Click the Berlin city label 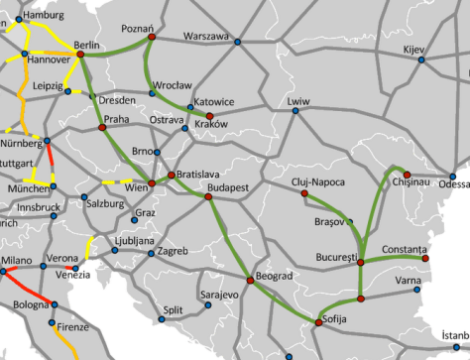point(88,45)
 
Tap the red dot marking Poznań point(151,41)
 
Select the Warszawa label point(206,38)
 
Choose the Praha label point(118,118)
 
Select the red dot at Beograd point(250,281)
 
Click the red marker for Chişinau point(408,175)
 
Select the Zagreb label point(173,251)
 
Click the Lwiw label point(297,101)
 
